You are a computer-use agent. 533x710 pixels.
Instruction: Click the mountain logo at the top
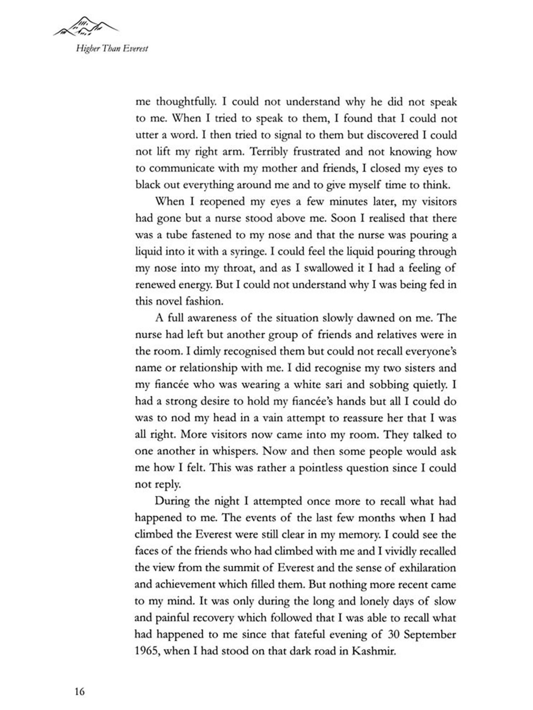coord(86,27)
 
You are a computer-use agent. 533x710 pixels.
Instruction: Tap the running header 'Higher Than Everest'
coord(112,48)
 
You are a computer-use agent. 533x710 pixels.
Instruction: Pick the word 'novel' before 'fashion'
coord(168,301)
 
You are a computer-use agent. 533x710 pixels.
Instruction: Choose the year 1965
coord(146,651)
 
